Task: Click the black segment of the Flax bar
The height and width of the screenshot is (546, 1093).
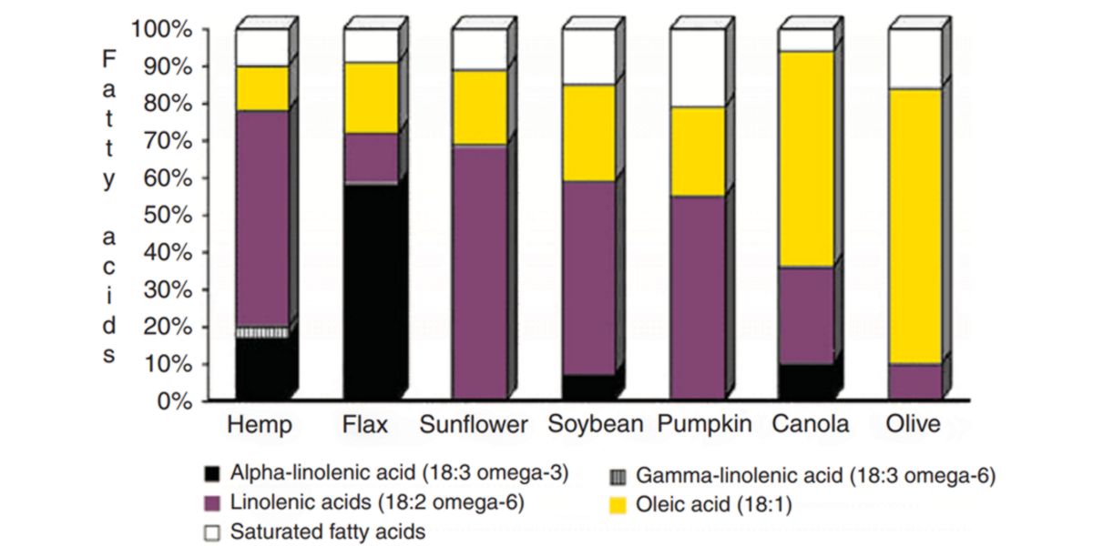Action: [x=371, y=291]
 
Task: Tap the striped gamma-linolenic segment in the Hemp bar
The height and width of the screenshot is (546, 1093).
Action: [x=262, y=333]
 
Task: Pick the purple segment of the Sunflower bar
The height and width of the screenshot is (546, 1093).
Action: [x=479, y=272]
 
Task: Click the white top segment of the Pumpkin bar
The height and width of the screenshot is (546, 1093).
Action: [x=697, y=67]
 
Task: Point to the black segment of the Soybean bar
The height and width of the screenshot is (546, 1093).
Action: [x=588, y=387]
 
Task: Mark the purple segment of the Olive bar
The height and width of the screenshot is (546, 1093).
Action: [x=914, y=381]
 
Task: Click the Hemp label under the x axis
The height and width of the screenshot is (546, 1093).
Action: [x=260, y=425]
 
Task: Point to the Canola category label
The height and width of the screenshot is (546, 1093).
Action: [x=810, y=425]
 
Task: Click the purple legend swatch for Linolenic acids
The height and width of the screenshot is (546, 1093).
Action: [x=212, y=503]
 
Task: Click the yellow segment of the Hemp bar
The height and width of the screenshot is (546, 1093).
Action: [x=262, y=88]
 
